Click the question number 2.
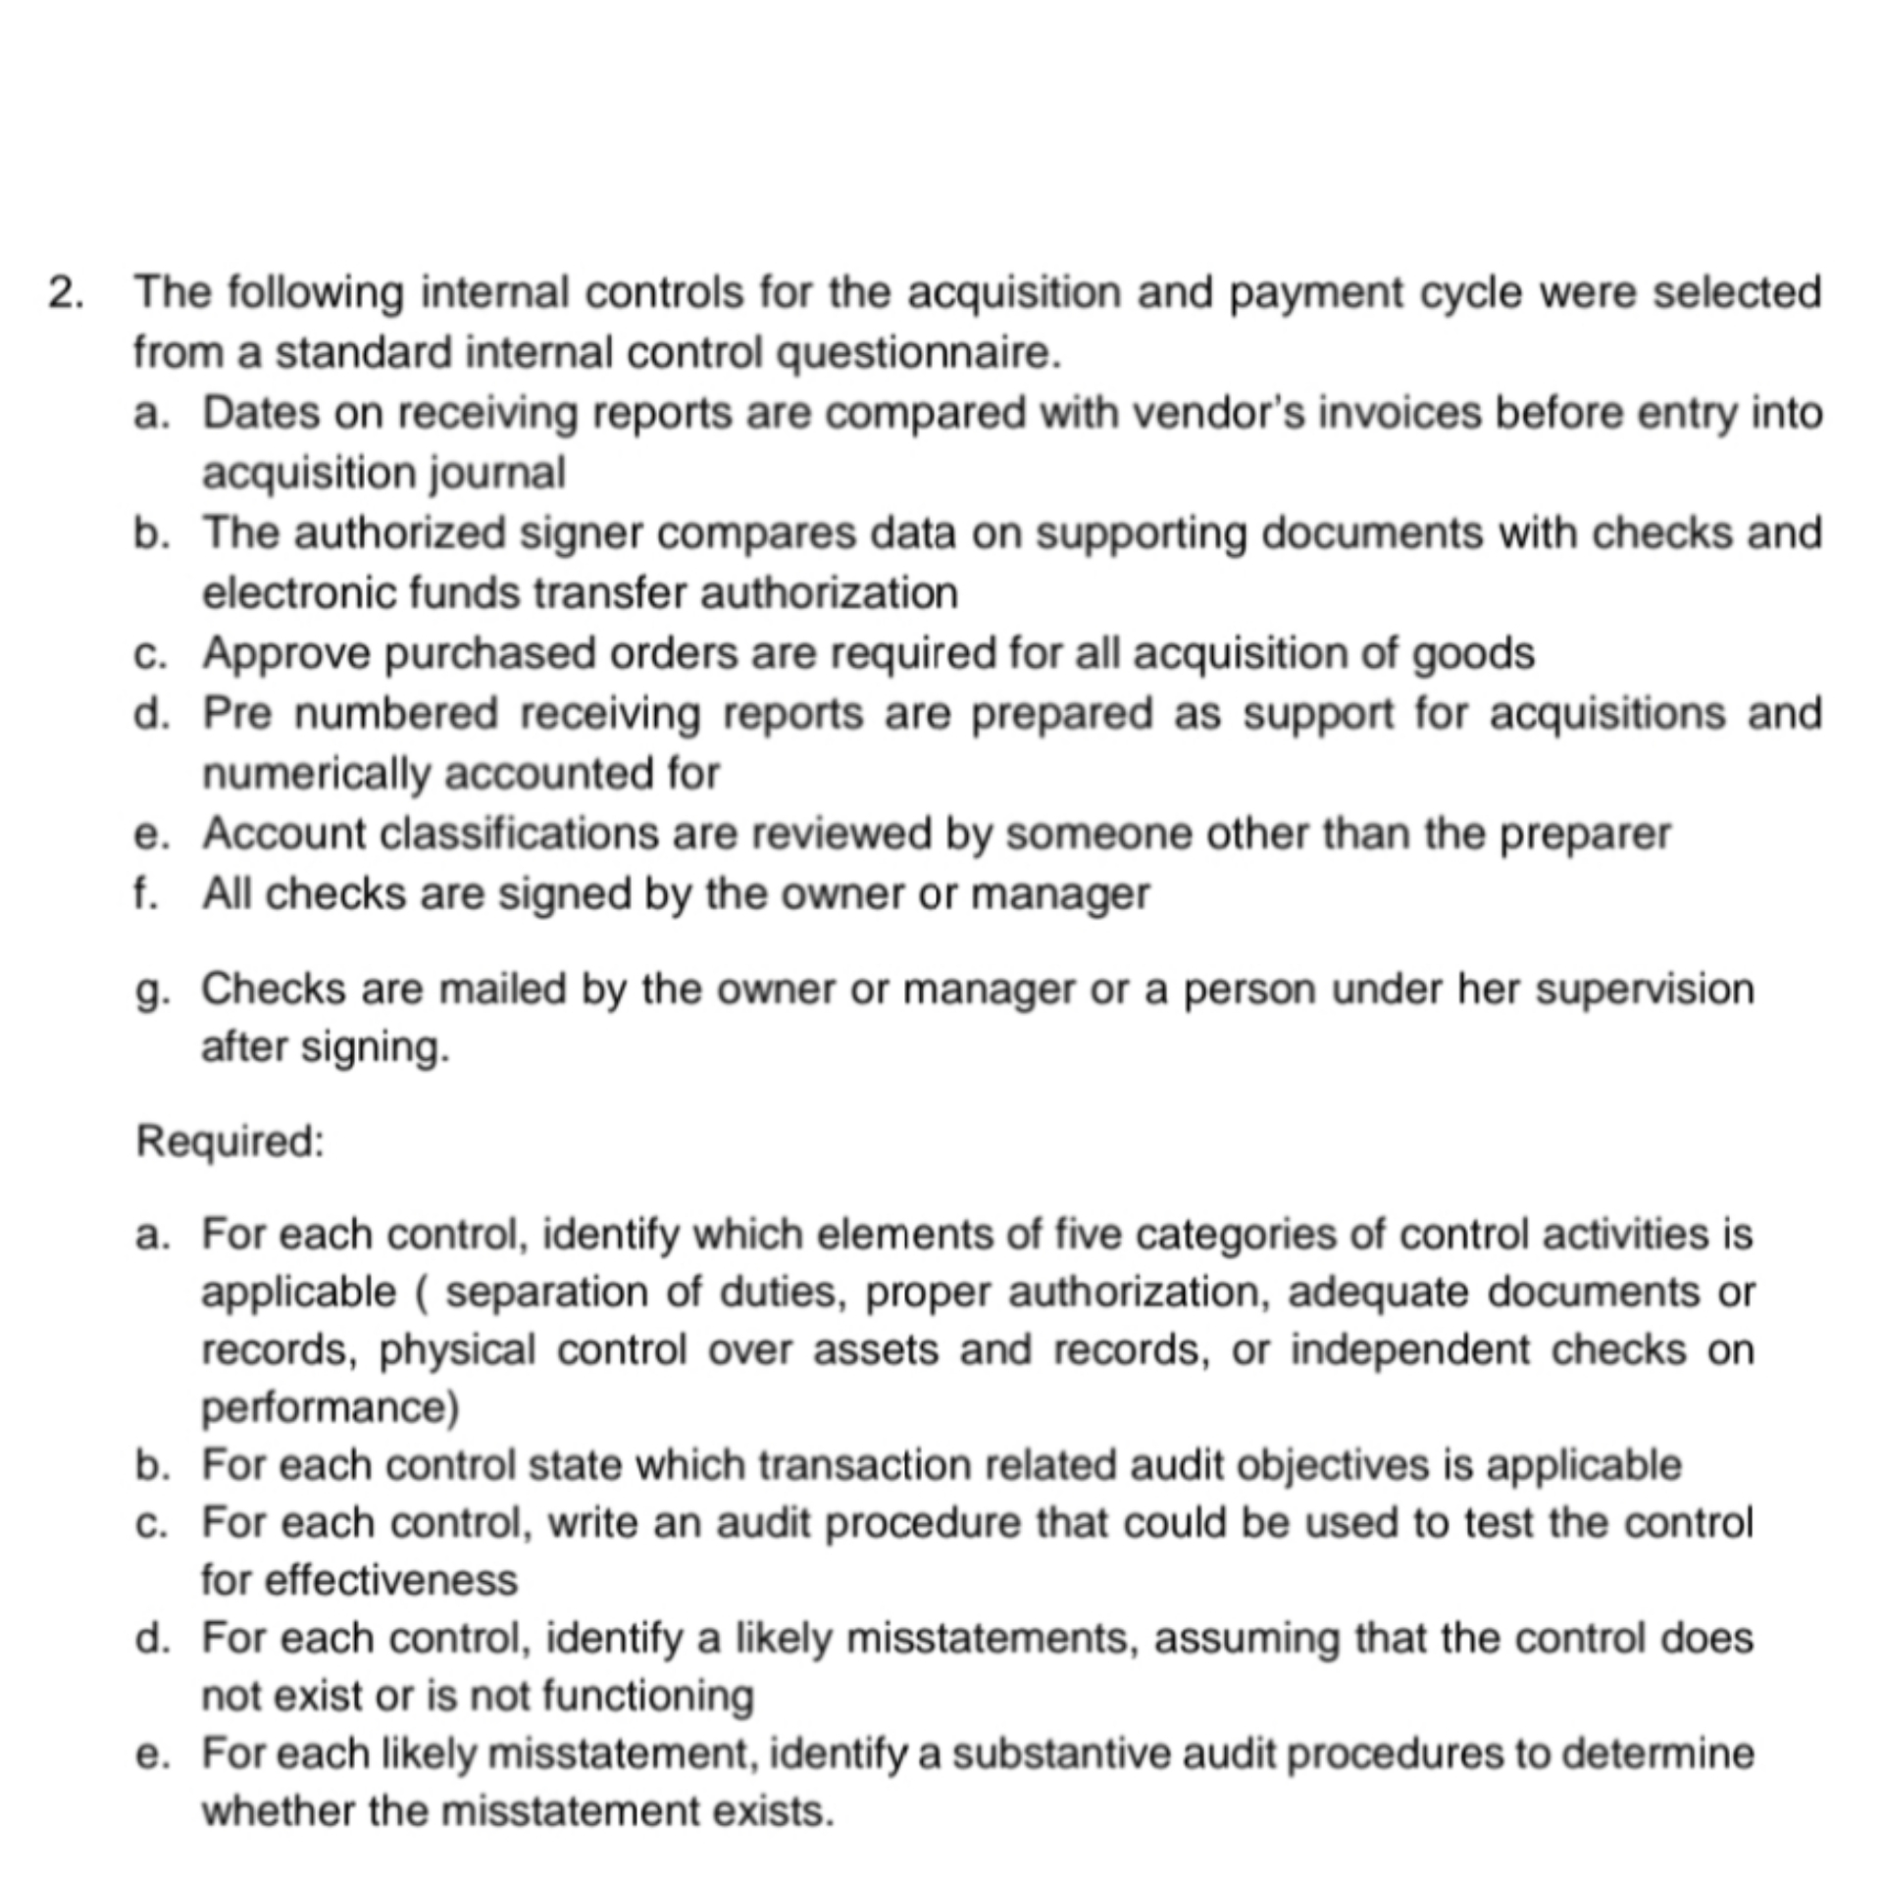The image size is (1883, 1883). (x=66, y=293)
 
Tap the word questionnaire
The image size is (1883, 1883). (x=918, y=353)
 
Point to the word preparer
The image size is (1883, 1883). (x=1586, y=835)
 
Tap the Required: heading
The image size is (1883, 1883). (x=230, y=1142)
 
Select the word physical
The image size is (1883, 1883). (x=457, y=1350)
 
